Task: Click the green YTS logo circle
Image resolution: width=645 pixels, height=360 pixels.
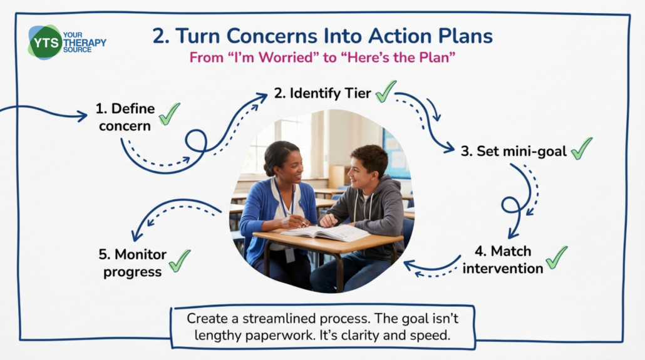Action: click(x=45, y=43)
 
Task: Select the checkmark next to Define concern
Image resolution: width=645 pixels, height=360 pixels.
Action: click(x=170, y=113)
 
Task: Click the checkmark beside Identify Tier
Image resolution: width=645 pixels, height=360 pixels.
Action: click(x=386, y=91)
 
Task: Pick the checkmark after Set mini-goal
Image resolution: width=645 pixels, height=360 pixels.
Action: click(x=582, y=148)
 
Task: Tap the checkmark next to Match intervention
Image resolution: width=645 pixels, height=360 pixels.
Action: click(x=557, y=257)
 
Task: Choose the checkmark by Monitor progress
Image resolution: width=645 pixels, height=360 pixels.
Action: click(x=180, y=261)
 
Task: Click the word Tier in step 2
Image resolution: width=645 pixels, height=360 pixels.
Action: click(x=358, y=93)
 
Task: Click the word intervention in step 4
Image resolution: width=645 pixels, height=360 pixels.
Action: click(x=503, y=268)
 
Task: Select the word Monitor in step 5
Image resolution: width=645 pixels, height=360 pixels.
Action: click(x=141, y=254)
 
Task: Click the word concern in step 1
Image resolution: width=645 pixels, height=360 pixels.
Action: click(x=125, y=126)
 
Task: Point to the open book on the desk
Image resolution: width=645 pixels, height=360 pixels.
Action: click(x=326, y=232)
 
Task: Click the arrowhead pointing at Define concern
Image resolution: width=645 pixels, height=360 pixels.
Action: click(x=82, y=116)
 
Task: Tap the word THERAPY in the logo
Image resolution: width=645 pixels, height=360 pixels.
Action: click(x=85, y=43)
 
